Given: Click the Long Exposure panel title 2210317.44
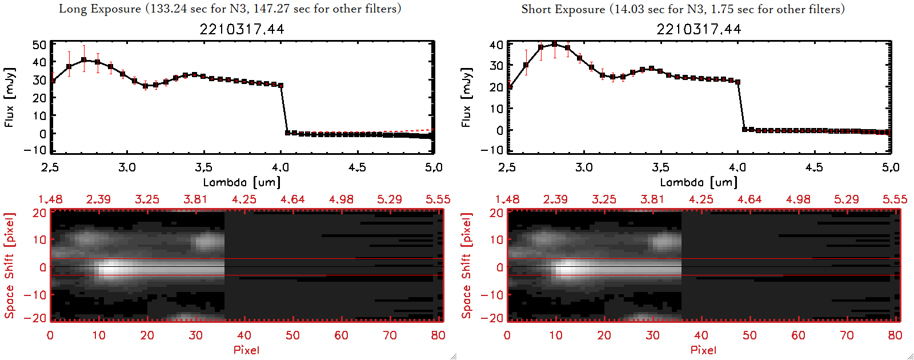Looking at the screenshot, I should (x=242, y=29).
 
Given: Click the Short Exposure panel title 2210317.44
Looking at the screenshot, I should (x=699, y=29).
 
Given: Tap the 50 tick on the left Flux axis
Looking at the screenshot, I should (x=39, y=45).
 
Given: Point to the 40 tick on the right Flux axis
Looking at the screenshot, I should (x=496, y=45).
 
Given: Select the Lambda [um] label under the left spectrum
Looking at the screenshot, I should (x=242, y=182).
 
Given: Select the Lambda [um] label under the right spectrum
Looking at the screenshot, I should (x=699, y=182).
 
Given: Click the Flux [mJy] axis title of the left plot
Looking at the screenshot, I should (x=10, y=97).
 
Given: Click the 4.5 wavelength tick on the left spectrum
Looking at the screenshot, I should (x=357, y=167).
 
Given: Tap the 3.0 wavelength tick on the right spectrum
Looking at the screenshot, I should (x=584, y=167).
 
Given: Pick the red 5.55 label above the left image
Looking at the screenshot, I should (x=438, y=199).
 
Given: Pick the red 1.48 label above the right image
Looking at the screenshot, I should (x=507, y=199).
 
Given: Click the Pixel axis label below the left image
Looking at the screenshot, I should (x=246, y=350).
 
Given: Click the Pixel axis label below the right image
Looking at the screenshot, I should (x=703, y=350).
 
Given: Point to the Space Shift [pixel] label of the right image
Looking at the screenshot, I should (x=467, y=266).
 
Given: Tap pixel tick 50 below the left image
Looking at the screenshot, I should (x=292, y=335).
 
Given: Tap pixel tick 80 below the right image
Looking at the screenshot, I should (x=895, y=335).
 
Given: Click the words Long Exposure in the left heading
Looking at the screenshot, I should (x=100, y=9).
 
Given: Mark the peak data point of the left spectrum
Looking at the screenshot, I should (x=84, y=59).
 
